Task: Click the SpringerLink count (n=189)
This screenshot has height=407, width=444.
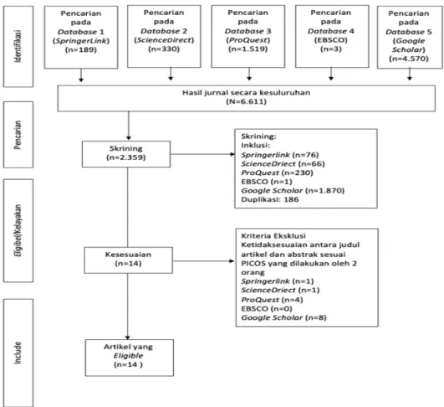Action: (x=81, y=50)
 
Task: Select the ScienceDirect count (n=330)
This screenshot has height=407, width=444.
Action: (x=164, y=49)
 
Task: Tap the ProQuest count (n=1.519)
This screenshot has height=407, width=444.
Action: (x=248, y=49)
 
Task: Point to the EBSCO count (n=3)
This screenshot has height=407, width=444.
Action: (x=331, y=49)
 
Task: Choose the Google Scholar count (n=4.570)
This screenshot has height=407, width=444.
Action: (x=409, y=59)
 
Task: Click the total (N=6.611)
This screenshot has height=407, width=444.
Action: (x=247, y=101)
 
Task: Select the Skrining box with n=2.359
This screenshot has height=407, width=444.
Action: (x=126, y=154)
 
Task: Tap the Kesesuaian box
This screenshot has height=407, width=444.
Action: (x=128, y=260)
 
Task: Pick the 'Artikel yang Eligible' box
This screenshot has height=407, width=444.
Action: (x=130, y=358)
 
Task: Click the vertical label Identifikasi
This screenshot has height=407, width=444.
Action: (x=18, y=46)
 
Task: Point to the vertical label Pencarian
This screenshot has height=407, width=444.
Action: (x=18, y=135)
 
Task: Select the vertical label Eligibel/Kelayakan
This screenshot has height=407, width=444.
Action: (x=18, y=230)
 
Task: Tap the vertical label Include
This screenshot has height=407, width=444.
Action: (x=18, y=353)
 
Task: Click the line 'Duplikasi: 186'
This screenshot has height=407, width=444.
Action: (x=270, y=199)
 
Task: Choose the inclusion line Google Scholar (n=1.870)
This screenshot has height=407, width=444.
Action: (x=293, y=190)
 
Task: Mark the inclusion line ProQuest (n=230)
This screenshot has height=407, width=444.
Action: (x=277, y=173)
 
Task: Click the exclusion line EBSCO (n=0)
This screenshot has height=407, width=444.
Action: (x=267, y=308)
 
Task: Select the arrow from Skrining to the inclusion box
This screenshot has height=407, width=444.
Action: (x=202, y=154)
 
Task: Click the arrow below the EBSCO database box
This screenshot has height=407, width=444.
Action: (x=331, y=74)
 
